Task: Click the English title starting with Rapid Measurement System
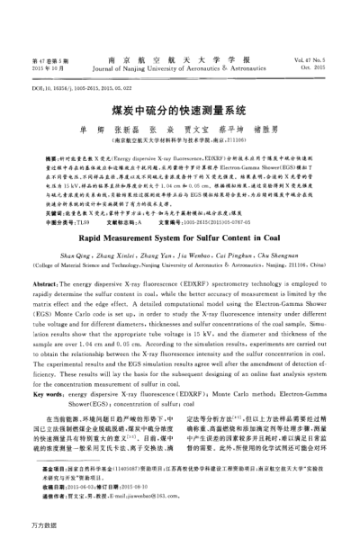[x=179, y=205]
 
